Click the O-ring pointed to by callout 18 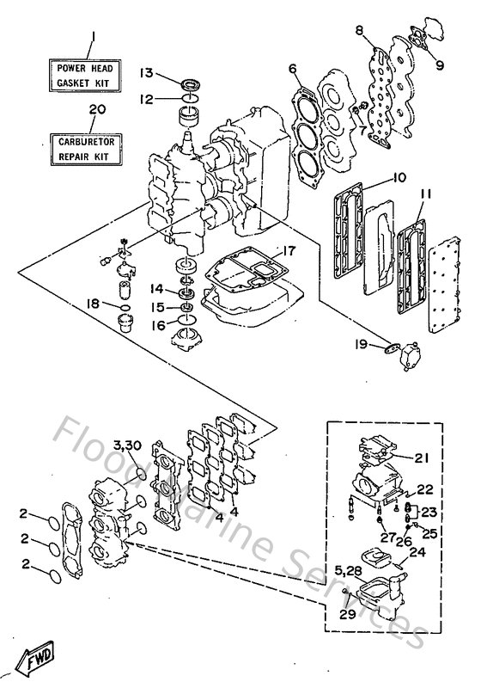coord(124,305)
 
